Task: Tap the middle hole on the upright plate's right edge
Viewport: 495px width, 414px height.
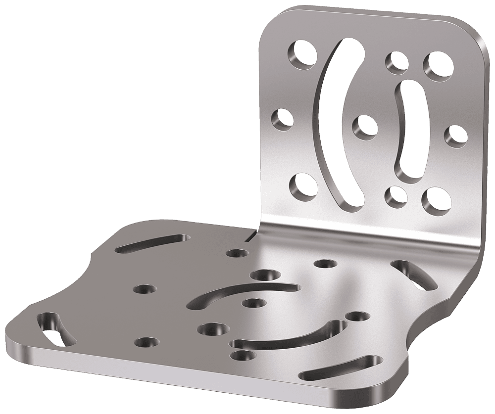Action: coord(455,136)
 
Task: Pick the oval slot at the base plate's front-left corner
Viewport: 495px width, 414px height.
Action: coord(55,330)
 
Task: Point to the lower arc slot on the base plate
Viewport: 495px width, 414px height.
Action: coord(292,336)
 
